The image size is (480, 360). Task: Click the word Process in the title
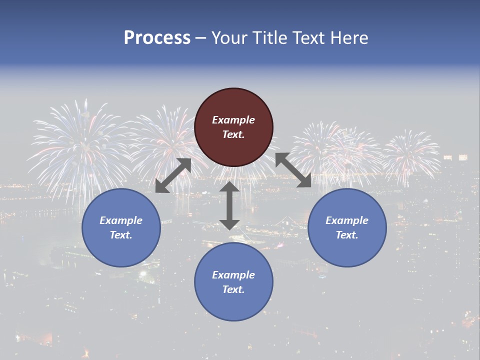(x=157, y=38)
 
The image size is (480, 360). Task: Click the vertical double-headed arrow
(x=229, y=205)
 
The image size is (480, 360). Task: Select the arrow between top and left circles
(x=173, y=175)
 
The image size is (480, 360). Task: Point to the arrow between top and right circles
(x=293, y=170)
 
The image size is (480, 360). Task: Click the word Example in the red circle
(x=233, y=120)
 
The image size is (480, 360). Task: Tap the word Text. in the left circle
(x=121, y=235)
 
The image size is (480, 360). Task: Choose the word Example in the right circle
(x=347, y=220)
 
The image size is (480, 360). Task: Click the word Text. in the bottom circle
(x=233, y=289)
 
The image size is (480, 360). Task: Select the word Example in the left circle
(x=121, y=220)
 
